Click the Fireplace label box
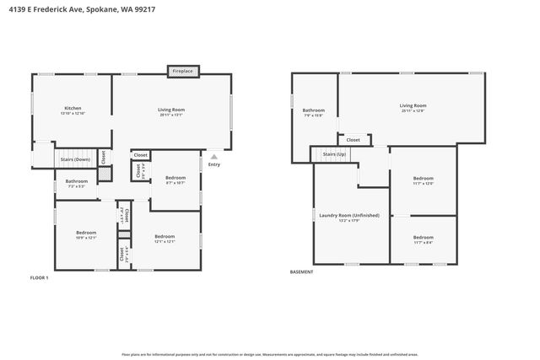183,72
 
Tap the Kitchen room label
73,110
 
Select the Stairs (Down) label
75,159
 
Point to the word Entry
214,164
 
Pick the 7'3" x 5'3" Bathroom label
77,183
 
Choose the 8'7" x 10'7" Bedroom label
175,180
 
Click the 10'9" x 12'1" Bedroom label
86,234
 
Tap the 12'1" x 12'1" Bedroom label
165,239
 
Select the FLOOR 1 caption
40,277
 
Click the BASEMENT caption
301,271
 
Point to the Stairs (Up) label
335,155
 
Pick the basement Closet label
354,140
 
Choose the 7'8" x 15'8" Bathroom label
314,112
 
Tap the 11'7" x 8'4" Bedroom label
423,239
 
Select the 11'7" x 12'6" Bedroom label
423,180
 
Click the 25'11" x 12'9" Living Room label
413,108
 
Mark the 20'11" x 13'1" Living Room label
171,112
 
